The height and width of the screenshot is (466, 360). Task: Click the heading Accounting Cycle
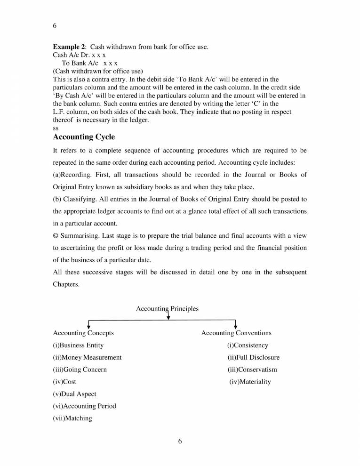coord(84,137)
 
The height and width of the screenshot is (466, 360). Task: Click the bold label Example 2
coord(70,47)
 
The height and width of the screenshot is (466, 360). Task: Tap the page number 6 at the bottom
coord(180,441)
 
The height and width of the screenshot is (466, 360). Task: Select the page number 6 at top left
coord(55,26)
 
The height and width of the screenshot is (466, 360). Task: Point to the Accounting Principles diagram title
coord(167,309)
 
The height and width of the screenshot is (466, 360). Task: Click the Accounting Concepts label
coord(83,333)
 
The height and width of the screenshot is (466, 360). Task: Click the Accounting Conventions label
coord(236,333)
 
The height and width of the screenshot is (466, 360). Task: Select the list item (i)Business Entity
coord(78,345)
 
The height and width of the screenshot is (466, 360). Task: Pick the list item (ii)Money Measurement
coord(87,357)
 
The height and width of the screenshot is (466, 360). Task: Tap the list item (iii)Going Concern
coord(80,370)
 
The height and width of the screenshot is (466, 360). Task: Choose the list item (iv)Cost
coord(64,382)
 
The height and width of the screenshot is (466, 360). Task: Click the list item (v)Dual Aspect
coord(74,394)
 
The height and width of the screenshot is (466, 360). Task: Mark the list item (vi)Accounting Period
coord(84,406)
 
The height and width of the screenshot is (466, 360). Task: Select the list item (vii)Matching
coord(72,418)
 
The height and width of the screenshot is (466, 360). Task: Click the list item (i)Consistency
coord(248,345)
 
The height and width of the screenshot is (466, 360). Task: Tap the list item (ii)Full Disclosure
coord(253,357)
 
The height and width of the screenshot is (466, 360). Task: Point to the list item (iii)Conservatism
coord(252,370)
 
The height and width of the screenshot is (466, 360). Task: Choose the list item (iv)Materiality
coord(250,382)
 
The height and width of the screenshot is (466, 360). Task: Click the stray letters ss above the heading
coord(56,128)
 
